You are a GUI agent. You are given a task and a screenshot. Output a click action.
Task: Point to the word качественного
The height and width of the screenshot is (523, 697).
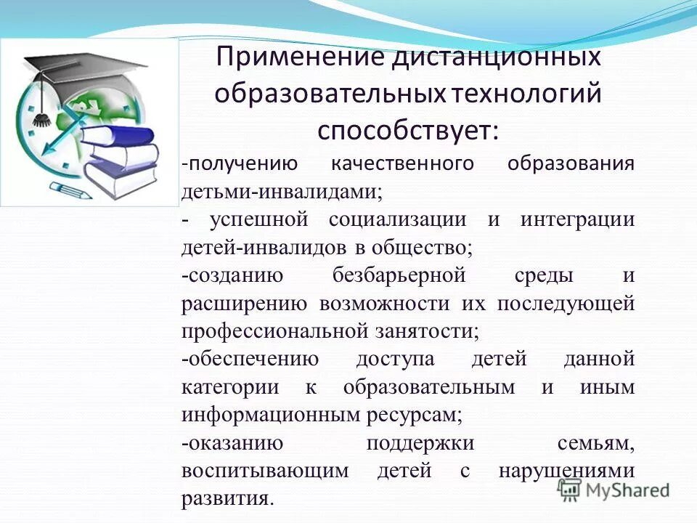[x=402, y=163]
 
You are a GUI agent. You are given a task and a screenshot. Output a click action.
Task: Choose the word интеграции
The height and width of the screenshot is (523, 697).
[x=577, y=219]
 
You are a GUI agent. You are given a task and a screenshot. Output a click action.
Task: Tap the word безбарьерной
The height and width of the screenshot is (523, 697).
[x=399, y=275]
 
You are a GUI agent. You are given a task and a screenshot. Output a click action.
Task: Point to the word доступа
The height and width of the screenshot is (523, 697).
[x=395, y=359]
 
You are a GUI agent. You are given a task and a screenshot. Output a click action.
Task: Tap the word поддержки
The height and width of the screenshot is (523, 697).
[x=420, y=442]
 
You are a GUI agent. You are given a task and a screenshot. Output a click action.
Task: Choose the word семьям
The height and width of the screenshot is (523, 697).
[x=596, y=442]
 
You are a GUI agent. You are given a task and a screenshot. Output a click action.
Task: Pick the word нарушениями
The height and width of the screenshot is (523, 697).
[x=567, y=471]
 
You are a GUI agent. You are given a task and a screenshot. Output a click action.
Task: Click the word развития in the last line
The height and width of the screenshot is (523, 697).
[x=226, y=499]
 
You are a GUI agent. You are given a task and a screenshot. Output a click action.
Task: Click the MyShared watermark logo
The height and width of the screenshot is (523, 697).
[x=614, y=489]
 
